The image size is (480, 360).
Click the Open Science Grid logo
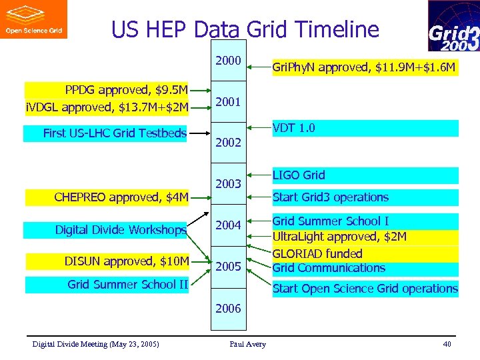pos(33,19)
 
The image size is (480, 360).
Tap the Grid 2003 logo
pos(453,26)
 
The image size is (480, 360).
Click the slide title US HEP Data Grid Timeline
pos(245,30)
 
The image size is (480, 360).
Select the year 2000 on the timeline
pos(228,61)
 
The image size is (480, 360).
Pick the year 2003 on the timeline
pos(228,183)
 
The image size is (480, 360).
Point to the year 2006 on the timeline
pos(228,308)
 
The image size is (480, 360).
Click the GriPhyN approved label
pos(365,67)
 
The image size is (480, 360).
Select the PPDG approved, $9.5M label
pos(125,90)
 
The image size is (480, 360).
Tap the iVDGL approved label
pos(107,107)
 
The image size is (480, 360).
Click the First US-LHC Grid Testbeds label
pos(115,133)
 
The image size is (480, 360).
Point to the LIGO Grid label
pos(299,175)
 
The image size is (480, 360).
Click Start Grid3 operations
pos(330,197)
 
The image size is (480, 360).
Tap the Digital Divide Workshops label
pos(120,230)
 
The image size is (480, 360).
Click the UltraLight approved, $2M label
pos(339,237)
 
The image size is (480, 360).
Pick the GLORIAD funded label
pos(317,253)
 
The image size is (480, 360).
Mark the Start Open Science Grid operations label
pos(365,289)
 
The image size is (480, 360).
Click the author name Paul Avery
pos(247,344)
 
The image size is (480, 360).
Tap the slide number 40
pos(446,344)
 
